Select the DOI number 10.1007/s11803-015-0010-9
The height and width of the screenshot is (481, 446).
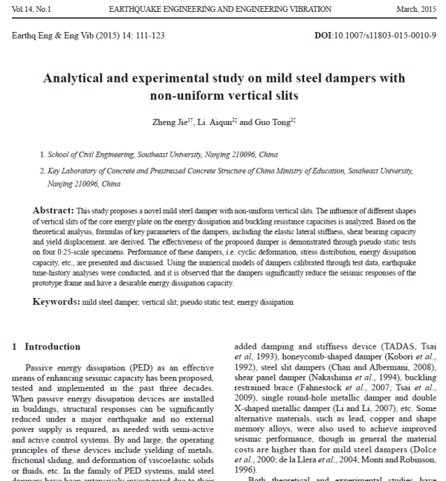tap(387, 35)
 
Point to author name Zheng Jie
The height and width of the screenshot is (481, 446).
tap(169, 122)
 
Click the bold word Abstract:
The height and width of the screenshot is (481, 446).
tap(54, 211)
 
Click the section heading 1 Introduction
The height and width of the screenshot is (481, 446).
tap(47, 346)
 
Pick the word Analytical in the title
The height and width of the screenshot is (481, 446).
tap(80, 78)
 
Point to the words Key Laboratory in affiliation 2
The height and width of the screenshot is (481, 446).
tap(68, 170)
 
